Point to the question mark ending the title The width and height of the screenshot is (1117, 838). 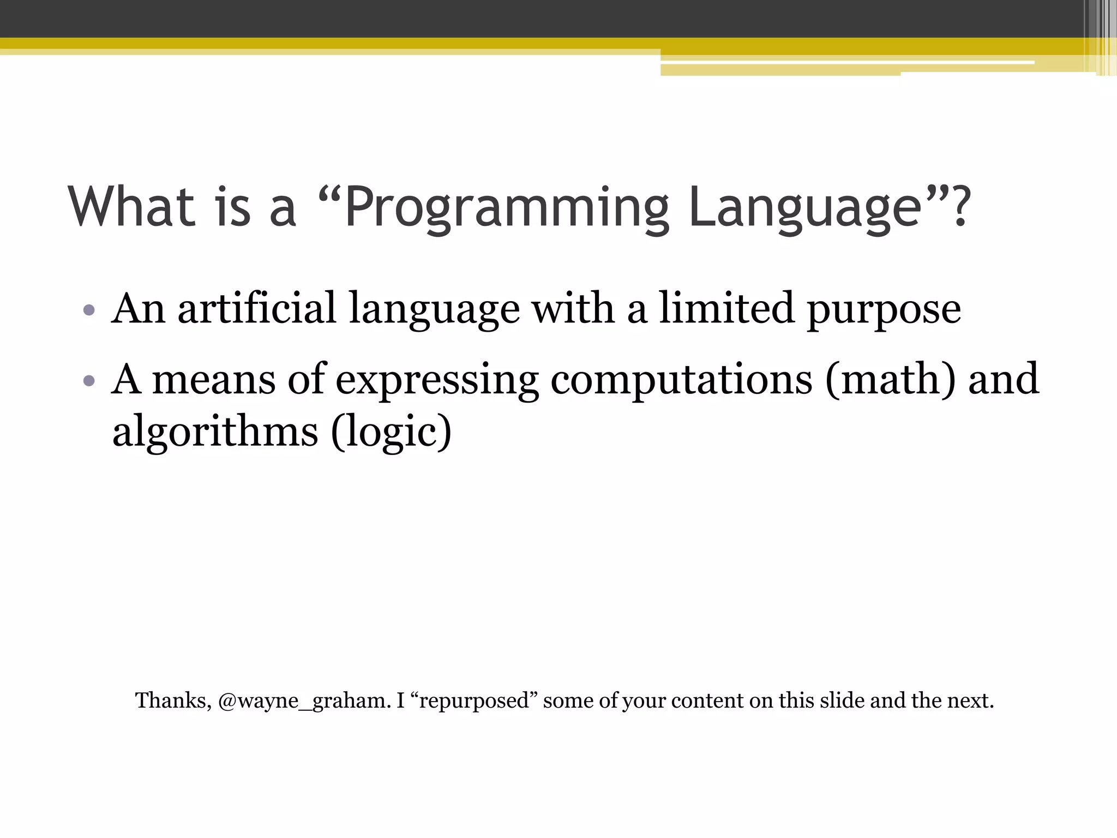pos(958,206)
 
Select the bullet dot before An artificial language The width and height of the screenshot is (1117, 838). pos(89,311)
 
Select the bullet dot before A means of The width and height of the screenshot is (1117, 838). pos(89,381)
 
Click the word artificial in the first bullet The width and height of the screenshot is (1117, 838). pos(256,309)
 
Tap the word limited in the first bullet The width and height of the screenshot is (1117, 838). pos(726,309)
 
